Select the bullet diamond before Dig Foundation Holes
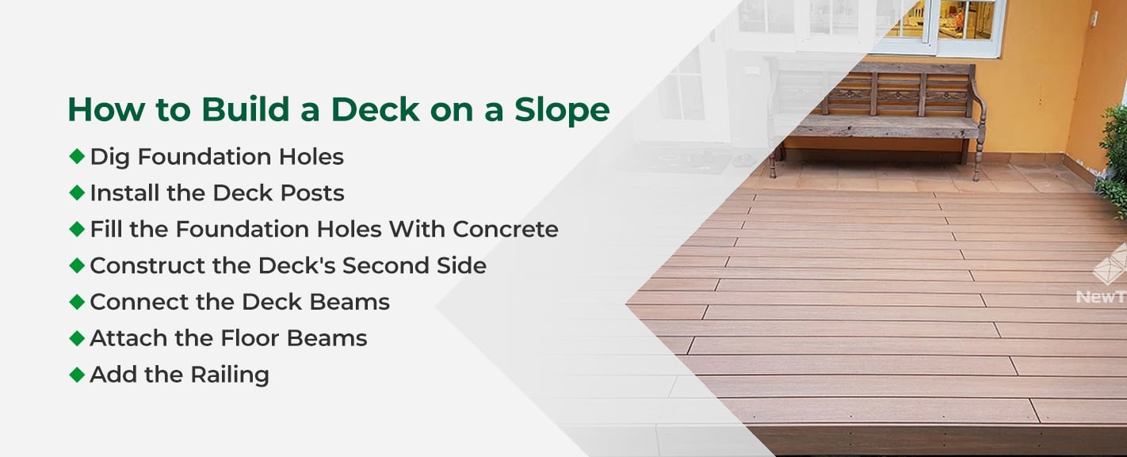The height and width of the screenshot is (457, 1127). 77,156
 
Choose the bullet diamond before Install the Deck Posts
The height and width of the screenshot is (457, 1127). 77,192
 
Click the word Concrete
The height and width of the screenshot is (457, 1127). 506,229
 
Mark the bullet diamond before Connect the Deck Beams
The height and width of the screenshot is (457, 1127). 77,301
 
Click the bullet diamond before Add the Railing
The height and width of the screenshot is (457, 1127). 77,374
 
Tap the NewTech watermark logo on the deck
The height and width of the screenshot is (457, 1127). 1106,277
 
